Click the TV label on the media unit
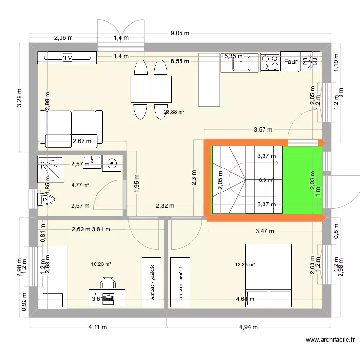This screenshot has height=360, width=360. [67, 58]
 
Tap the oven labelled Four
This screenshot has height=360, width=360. [290, 62]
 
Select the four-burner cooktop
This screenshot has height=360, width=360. [270, 62]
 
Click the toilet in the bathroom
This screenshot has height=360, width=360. [46, 198]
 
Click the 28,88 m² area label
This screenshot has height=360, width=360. [174, 111]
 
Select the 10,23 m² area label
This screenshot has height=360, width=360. [101, 264]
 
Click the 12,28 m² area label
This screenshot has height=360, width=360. [245, 264]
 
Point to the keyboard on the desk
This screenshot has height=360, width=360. [108, 298]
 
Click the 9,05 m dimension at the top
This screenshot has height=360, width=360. [180, 33]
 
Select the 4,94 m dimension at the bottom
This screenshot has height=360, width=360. [248, 328]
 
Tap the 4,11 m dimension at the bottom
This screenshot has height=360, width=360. [97, 328]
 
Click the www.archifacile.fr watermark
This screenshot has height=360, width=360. [331, 340]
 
